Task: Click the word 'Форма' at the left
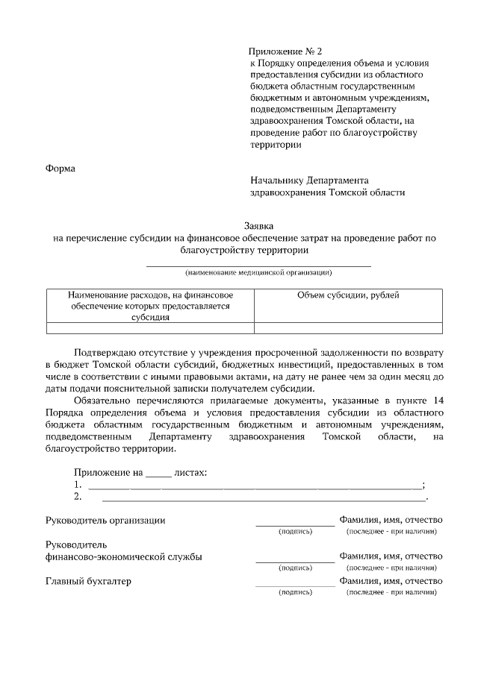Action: coord(60,168)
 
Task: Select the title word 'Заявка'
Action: coord(259,225)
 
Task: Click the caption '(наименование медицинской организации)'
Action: coord(259,272)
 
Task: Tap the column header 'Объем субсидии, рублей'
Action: coord(348,295)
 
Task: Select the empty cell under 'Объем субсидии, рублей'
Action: coord(348,327)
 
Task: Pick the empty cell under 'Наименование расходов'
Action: coord(150,327)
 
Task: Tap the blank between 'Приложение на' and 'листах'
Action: coord(158,473)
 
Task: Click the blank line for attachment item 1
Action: coord(255,486)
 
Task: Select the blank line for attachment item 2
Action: coord(262,497)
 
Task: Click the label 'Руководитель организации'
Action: coord(105,520)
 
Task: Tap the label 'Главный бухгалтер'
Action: coord(88,581)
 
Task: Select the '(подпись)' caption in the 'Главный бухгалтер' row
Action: coord(295,592)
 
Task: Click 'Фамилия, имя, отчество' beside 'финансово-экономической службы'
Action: coord(391,556)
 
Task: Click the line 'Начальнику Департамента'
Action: coord(309,180)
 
